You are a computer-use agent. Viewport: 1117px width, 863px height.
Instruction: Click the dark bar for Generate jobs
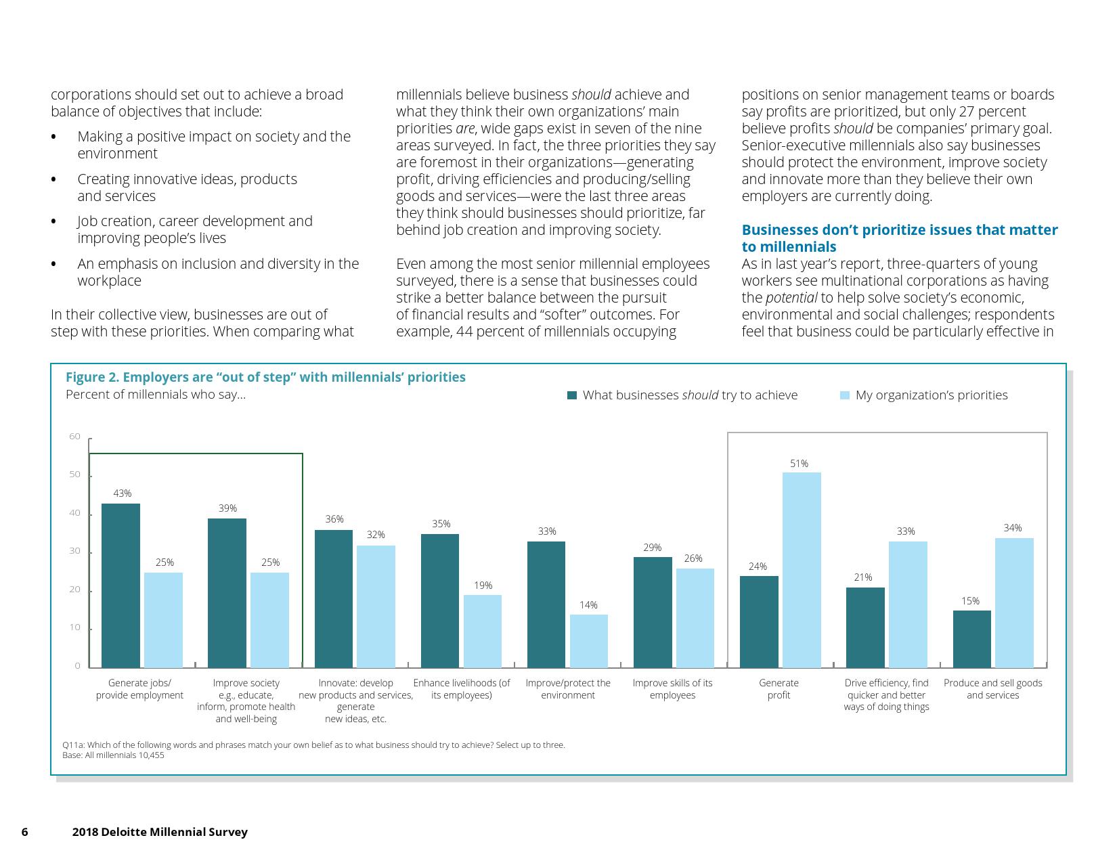point(121,585)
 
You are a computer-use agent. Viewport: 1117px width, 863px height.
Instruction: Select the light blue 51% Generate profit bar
point(802,570)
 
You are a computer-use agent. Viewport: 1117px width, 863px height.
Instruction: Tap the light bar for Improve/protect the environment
point(589,641)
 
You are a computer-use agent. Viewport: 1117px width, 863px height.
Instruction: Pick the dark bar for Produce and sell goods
point(971,639)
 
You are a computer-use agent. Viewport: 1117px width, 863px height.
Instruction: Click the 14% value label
point(588,605)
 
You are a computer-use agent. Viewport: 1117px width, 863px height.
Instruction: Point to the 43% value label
point(123,493)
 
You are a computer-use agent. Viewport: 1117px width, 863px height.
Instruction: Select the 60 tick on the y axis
point(74,437)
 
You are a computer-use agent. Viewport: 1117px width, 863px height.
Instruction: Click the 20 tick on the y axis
point(74,590)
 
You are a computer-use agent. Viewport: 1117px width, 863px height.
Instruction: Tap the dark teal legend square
point(572,395)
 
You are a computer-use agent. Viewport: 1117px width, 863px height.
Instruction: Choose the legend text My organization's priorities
point(932,395)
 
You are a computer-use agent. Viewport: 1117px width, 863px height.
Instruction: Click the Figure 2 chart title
point(265,377)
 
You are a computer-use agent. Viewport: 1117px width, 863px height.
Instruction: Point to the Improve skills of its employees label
point(672,689)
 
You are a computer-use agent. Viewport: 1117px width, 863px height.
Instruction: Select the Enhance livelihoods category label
point(462,689)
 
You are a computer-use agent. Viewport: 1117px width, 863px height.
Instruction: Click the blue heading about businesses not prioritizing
point(899,238)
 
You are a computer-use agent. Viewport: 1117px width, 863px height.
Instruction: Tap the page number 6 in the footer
point(25,832)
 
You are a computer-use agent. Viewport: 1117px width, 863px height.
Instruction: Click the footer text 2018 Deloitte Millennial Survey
point(160,832)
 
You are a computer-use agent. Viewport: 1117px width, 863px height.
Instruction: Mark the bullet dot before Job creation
point(53,222)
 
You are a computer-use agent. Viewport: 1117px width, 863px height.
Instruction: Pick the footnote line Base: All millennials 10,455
point(113,755)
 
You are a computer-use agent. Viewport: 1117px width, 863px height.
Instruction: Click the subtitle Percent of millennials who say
point(156,395)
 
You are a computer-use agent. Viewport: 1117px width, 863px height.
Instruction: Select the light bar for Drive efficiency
point(908,604)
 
